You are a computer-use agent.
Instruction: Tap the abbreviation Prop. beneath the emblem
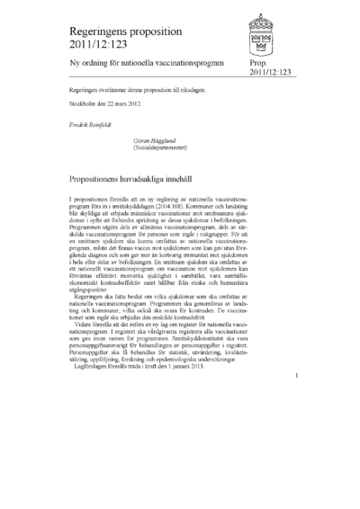coord(256,65)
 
